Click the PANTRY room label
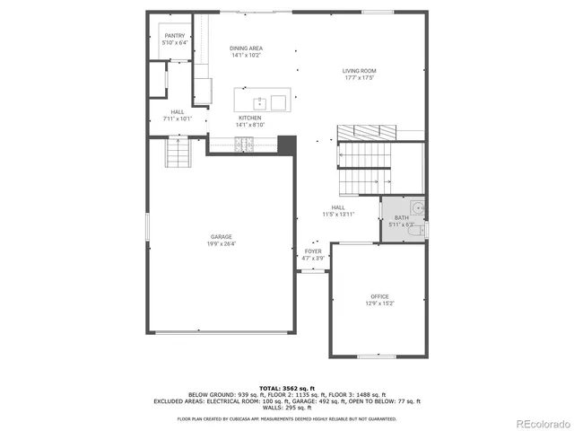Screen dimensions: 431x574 click(x=175, y=35)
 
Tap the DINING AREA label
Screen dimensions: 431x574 click(x=246, y=48)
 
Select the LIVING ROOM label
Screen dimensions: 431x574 click(x=359, y=71)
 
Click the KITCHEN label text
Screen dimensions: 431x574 click(x=249, y=118)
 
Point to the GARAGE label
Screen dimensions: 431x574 click(x=222, y=236)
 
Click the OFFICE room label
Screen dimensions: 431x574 click(x=380, y=296)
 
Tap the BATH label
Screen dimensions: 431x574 click(x=400, y=218)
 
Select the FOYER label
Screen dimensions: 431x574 click(x=313, y=251)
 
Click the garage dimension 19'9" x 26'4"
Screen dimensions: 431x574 click(x=222, y=242)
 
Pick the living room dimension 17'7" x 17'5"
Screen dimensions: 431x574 click(x=359, y=77)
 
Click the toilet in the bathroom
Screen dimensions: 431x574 click(x=415, y=231)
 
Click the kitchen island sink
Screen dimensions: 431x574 click(x=259, y=101)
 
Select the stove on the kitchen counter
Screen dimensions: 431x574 click(x=245, y=143)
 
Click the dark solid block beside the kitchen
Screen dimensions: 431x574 click(x=287, y=144)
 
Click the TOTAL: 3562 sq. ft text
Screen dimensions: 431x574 click(x=286, y=387)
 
